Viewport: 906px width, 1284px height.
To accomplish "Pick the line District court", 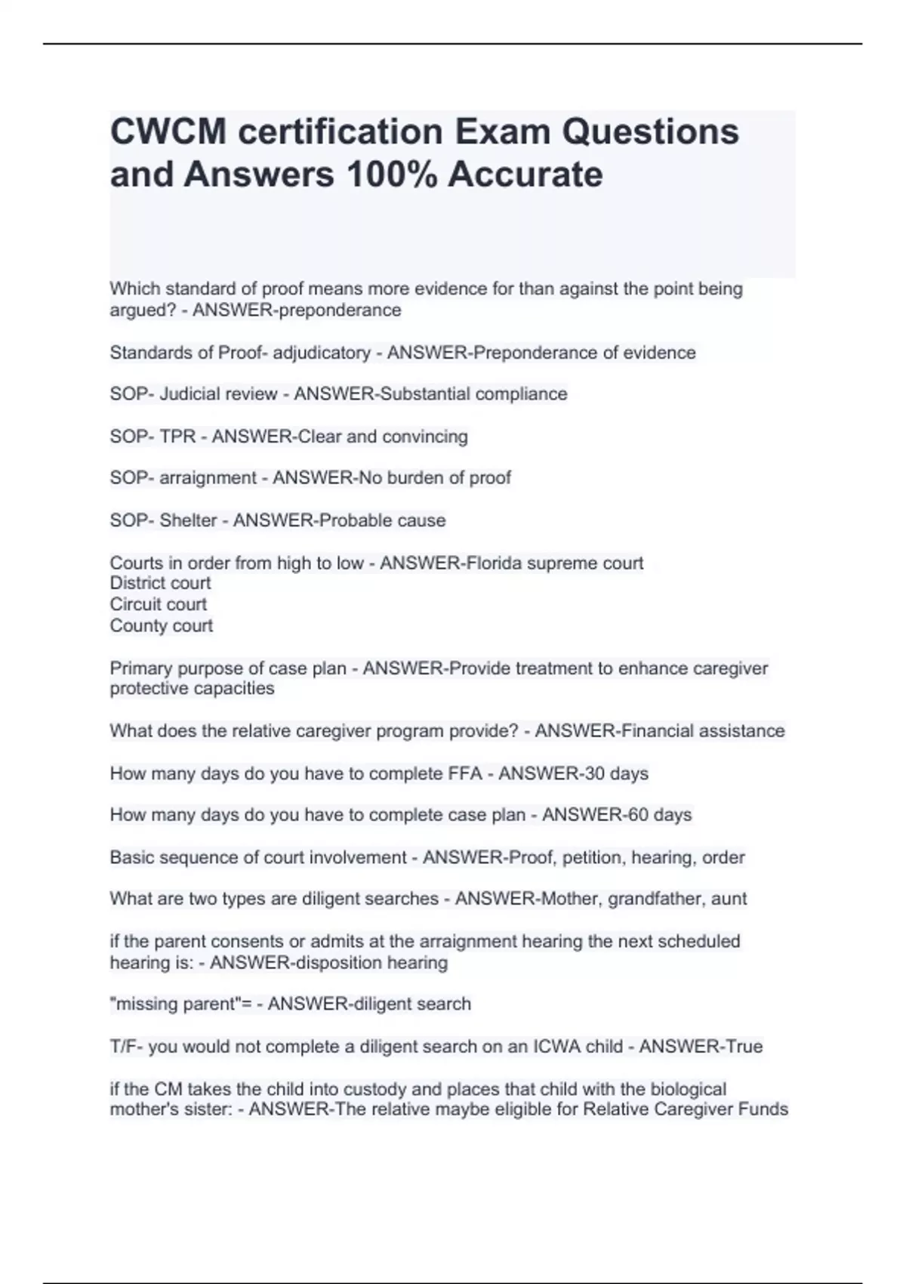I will [160, 583].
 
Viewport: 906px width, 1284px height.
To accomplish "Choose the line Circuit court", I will [158, 604].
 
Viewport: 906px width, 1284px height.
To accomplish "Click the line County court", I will [161, 625].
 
